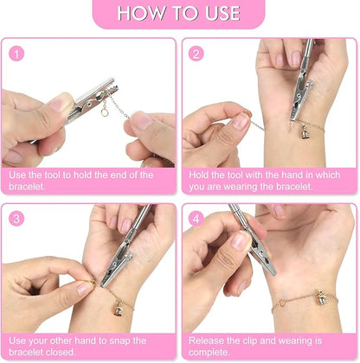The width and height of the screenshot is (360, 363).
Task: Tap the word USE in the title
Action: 222,13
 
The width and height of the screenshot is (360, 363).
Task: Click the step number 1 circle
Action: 16,54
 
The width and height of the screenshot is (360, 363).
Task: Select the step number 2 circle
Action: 196,54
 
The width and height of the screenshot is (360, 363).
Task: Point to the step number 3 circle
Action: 16,219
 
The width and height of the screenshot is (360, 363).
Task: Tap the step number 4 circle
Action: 196,219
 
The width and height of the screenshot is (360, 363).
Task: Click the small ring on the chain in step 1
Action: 105,112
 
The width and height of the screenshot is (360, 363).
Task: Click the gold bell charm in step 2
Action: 305,133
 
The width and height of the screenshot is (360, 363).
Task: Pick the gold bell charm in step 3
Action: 119,309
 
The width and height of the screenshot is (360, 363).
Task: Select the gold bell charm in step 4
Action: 321,298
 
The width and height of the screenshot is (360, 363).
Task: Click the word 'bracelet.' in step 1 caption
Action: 27,187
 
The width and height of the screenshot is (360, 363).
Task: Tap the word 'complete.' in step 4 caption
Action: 209,353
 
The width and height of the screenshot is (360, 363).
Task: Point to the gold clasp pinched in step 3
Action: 93,282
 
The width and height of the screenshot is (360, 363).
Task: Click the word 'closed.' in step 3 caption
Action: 61,353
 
